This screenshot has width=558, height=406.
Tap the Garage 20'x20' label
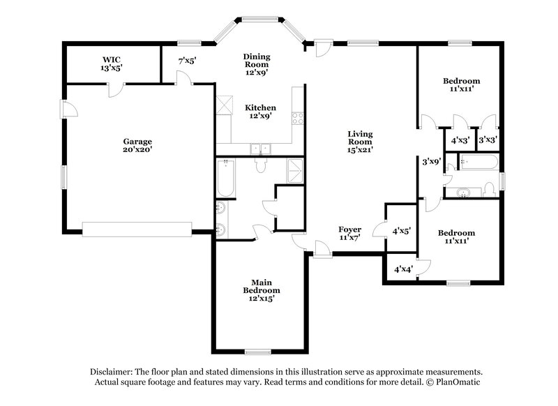click(x=138, y=144)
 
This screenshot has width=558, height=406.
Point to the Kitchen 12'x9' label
click(x=260, y=112)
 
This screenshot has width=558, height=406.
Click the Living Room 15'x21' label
click(x=361, y=141)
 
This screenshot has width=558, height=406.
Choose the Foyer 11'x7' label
click(x=349, y=233)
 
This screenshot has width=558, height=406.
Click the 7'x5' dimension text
click(x=188, y=61)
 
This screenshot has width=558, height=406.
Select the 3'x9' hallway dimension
click(x=432, y=161)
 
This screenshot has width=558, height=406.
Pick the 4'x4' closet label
click(x=403, y=269)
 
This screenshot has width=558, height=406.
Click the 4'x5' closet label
click(x=402, y=230)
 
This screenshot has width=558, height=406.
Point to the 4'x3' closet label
click(x=460, y=140)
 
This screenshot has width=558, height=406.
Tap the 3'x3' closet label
click(x=487, y=140)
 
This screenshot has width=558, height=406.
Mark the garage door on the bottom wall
click(x=137, y=228)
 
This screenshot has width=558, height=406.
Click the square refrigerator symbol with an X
click(x=224, y=105)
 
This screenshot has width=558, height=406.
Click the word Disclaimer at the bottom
click(x=113, y=372)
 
